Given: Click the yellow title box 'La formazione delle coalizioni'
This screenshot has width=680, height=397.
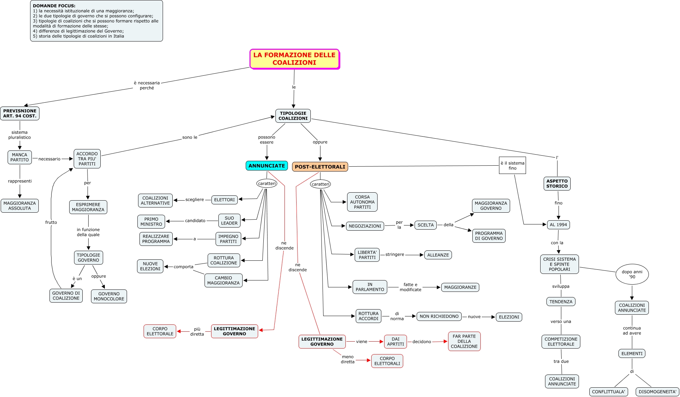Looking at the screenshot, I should [x=294, y=59].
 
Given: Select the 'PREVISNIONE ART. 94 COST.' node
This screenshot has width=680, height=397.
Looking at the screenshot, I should [x=20, y=113].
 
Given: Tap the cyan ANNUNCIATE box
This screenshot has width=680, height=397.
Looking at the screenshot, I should [x=266, y=166].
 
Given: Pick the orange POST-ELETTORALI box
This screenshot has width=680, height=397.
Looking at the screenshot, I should [x=320, y=167].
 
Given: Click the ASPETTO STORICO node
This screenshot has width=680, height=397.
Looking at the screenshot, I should [x=557, y=184].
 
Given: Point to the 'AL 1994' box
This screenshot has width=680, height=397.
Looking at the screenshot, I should [x=558, y=225].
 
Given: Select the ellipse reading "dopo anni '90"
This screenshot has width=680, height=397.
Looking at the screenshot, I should [x=632, y=274].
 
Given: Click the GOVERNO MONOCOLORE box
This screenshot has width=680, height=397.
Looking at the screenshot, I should [x=109, y=296].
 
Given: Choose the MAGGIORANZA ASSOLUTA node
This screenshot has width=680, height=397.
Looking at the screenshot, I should [x=20, y=206].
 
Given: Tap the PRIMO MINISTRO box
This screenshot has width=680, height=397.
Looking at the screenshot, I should [x=151, y=222].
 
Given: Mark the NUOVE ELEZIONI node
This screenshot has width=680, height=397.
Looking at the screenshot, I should [x=150, y=266].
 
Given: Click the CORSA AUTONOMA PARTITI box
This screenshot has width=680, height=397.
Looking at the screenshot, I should [x=362, y=202].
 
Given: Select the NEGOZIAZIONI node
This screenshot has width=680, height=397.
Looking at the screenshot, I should [x=365, y=226].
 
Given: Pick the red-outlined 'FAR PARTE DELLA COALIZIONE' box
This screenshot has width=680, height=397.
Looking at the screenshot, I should [x=464, y=341].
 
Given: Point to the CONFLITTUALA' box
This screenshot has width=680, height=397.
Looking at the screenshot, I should [x=608, y=392].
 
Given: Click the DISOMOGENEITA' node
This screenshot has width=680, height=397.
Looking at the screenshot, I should [x=658, y=392].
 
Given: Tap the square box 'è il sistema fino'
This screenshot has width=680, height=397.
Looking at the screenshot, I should [x=512, y=166].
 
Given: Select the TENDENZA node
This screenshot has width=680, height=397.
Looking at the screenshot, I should [x=561, y=302].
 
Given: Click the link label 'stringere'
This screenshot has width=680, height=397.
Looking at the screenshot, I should [x=395, y=255].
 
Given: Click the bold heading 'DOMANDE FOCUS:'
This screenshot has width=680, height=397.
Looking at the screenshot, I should [x=54, y=6].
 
